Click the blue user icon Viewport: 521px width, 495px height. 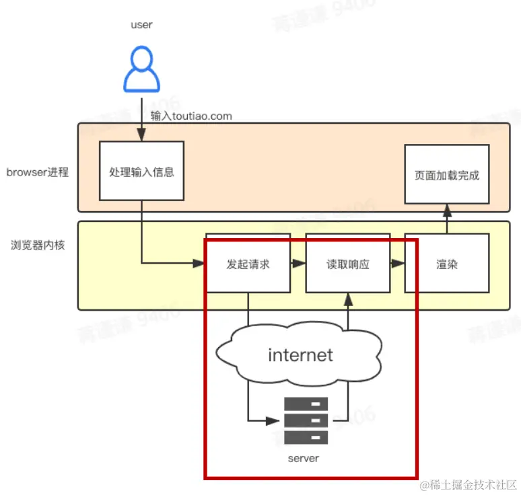click(141, 69)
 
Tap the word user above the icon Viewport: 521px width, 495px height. click(141, 25)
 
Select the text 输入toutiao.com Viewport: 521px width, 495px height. click(191, 116)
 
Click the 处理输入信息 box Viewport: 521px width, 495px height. click(141, 171)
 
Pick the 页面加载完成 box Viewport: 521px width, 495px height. click(447, 174)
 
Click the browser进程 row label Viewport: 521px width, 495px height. click(38, 172)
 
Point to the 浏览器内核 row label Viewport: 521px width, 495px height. click(38, 245)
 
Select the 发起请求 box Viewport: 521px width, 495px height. click(248, 264)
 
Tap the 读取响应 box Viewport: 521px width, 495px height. click(347, 264)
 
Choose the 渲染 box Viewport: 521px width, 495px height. click(447, 264)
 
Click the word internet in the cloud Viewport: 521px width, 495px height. click(300, 354)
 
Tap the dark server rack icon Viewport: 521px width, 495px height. click(306, 420)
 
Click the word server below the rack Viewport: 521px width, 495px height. click(303, 458)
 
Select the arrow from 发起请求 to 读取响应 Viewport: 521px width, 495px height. click(298, 264)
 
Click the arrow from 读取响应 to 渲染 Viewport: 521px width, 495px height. click(397, 264)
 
